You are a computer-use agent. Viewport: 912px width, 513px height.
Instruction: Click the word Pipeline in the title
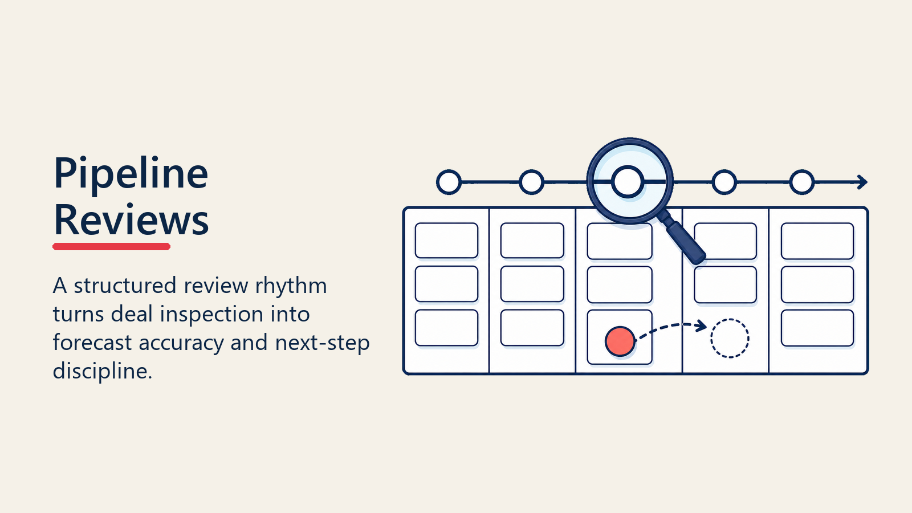pyautogui.click(x=131, y=174)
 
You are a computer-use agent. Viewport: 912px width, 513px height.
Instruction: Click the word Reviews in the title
pyautogui.click(x=131, y=220)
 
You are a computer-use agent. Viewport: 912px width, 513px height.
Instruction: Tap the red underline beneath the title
pyautogui.click(x=111, y=246)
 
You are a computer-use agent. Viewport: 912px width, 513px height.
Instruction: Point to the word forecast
pyautogui.click(x=92, y=343)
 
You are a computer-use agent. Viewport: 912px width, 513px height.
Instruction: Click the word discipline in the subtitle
pyautogui.click(x=102, y=371)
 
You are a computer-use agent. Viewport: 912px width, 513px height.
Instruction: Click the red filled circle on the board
pyautogui.click(x=620, y=341)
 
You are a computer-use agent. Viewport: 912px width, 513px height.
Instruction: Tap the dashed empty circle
pyautogui.click(x=730, y=319)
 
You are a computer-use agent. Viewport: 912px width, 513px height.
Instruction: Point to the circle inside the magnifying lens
pyautogui.click(x=628, y=182)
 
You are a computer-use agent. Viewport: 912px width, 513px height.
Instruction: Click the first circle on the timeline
pyautogui.click(x=449, y=182)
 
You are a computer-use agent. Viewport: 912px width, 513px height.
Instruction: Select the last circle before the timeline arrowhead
pyautogui.click(x=801, y=182)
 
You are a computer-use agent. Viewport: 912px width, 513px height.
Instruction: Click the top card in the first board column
pyautogui.click(x=447, y=240)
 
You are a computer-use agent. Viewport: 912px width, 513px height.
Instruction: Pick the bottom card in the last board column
pyautogui.click(x=817, y=328)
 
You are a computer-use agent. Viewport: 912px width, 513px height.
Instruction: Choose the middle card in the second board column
pyautogui.click(x=532, y=284)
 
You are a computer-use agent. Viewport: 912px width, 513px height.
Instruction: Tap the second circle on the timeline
pyautogui.click(x=531, y=182)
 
